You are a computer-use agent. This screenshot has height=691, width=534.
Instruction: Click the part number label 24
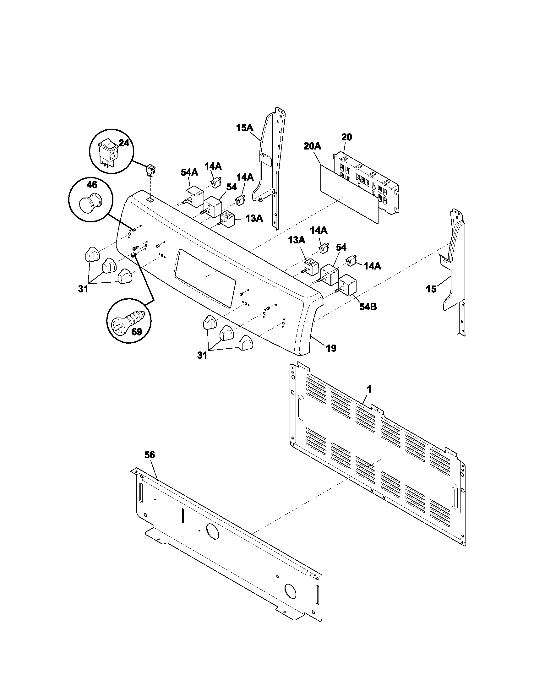[124, 143]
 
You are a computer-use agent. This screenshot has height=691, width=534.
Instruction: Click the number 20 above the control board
[347, 137]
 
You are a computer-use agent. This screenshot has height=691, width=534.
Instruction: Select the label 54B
[368, 307]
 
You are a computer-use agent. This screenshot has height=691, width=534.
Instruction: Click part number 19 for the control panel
[331, 348]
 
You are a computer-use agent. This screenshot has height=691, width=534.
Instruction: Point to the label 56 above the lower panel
[150, 455]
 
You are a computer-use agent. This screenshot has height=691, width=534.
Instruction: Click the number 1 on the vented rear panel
[369, 389]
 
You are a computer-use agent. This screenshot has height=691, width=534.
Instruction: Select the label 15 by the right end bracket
[431, 289]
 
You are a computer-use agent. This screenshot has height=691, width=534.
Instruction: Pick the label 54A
[189, 172]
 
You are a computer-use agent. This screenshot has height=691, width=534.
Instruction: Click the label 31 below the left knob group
[83, 289]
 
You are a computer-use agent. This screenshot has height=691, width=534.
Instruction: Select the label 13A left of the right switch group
[296, 240]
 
